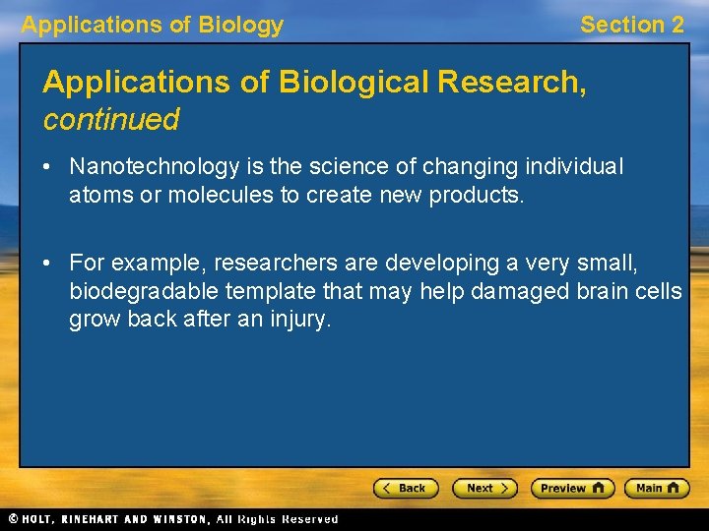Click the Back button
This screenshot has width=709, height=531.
click(x=404, y=488)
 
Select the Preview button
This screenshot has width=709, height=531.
click(x=572, y=488)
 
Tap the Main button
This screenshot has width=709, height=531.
click(x=656, y=488)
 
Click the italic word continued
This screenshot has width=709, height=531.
click(x=110, y=121)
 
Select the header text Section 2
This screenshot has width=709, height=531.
click(x=631, y=26)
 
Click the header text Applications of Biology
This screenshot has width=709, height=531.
click(x=153, y=26)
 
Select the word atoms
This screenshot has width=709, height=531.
click(x=97, y=195)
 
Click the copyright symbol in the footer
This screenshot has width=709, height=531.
click(x=13, y=519)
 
